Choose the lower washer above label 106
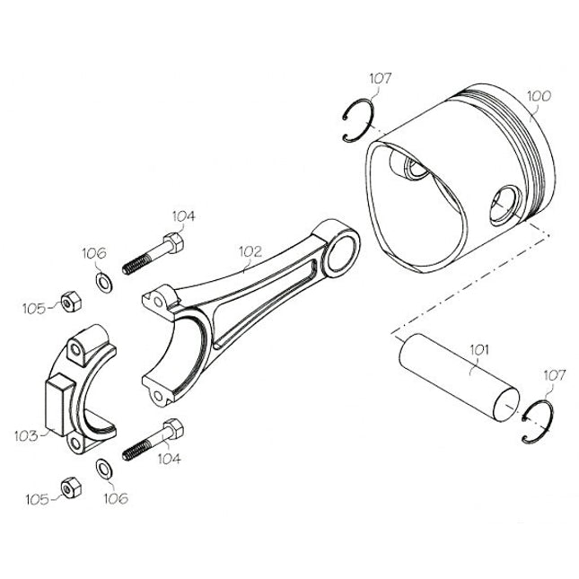tap(104, 467)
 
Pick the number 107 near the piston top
tap(380, 79)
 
